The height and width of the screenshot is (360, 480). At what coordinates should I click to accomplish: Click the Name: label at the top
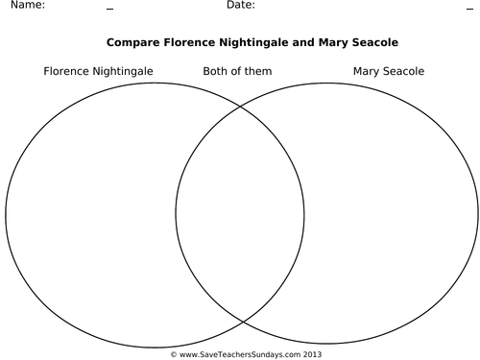[26, 6]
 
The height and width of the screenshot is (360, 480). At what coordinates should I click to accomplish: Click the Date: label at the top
[241, 6]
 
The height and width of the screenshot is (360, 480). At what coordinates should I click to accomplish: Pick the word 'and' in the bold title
[298, 43]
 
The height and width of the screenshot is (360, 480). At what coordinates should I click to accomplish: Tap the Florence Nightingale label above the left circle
[98, 71]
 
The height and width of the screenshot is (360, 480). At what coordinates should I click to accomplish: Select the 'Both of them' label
[237, 71]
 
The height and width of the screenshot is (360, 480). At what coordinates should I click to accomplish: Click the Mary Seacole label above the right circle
[388, 71]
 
